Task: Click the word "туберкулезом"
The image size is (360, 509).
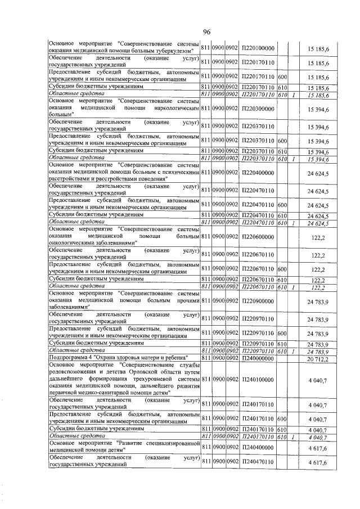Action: click(x=172, y=52)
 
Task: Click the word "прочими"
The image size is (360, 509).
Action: click(x=186, y=301)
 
